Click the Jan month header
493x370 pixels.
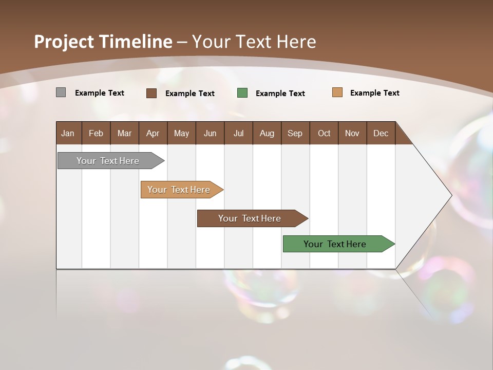pos(68,133)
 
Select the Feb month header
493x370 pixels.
pos(96,133)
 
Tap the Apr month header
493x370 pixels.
pos(153,133)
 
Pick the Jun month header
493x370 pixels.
pos(210,133)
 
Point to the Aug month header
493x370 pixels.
pos(267,133)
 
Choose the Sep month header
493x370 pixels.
pos(295,133)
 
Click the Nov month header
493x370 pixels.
pos(352,133)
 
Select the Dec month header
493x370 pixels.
pos(381,133)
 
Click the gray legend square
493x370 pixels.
pos(61,92)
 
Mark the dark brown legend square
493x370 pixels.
pos(151,93)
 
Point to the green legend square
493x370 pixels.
pos(242,93)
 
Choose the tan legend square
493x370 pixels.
pos(337,92)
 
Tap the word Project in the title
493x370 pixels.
pos(64,42)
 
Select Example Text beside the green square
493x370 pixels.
pos(280,94)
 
